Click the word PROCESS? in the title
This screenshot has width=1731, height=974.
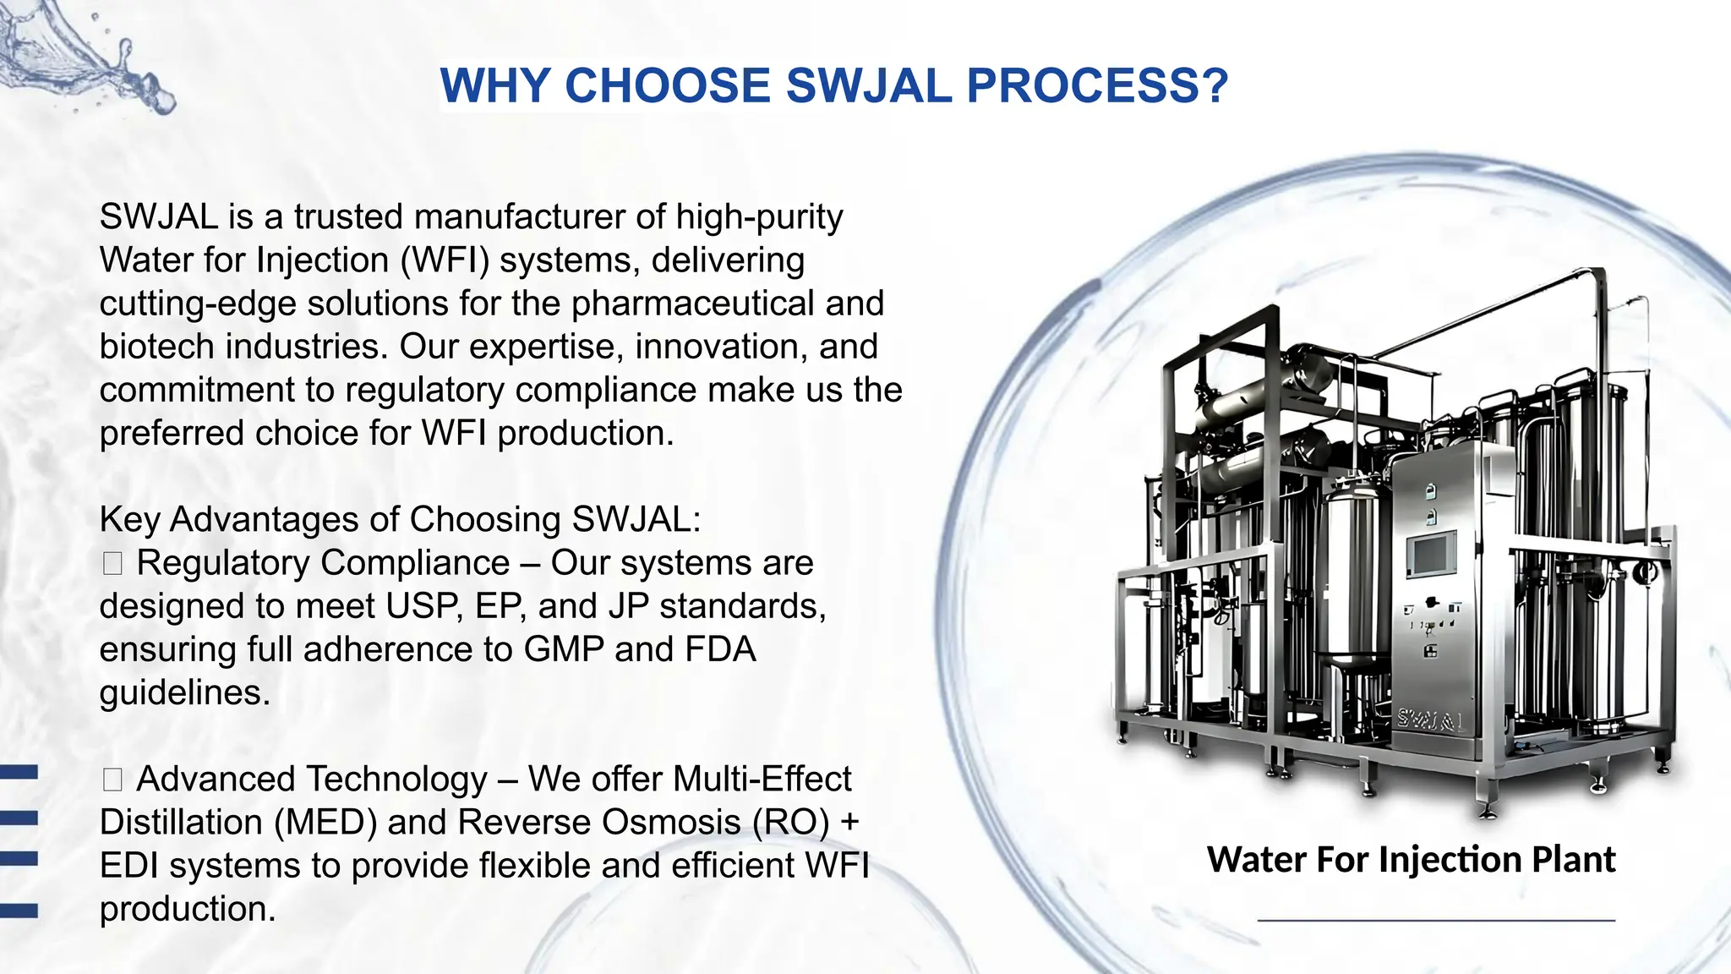pyautogui.click(x=1096, y=86)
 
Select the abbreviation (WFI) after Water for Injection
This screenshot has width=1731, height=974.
pyautogui.click(x=445, y=260)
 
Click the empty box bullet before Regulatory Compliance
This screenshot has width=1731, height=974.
pyautogui.click(x=112, y=563)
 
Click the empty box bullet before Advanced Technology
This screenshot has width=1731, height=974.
pyautogui.click(x=112, y=780)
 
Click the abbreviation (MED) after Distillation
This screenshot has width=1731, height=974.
pyautogui.click(x=325, y=823)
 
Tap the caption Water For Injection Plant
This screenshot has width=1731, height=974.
pyautogui.click(x=1411, y=859)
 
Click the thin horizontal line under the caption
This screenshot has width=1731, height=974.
pyautogui.click(x=1436, y=919)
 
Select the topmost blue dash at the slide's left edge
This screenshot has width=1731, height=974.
pyautogui.click(x=19, y=771)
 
